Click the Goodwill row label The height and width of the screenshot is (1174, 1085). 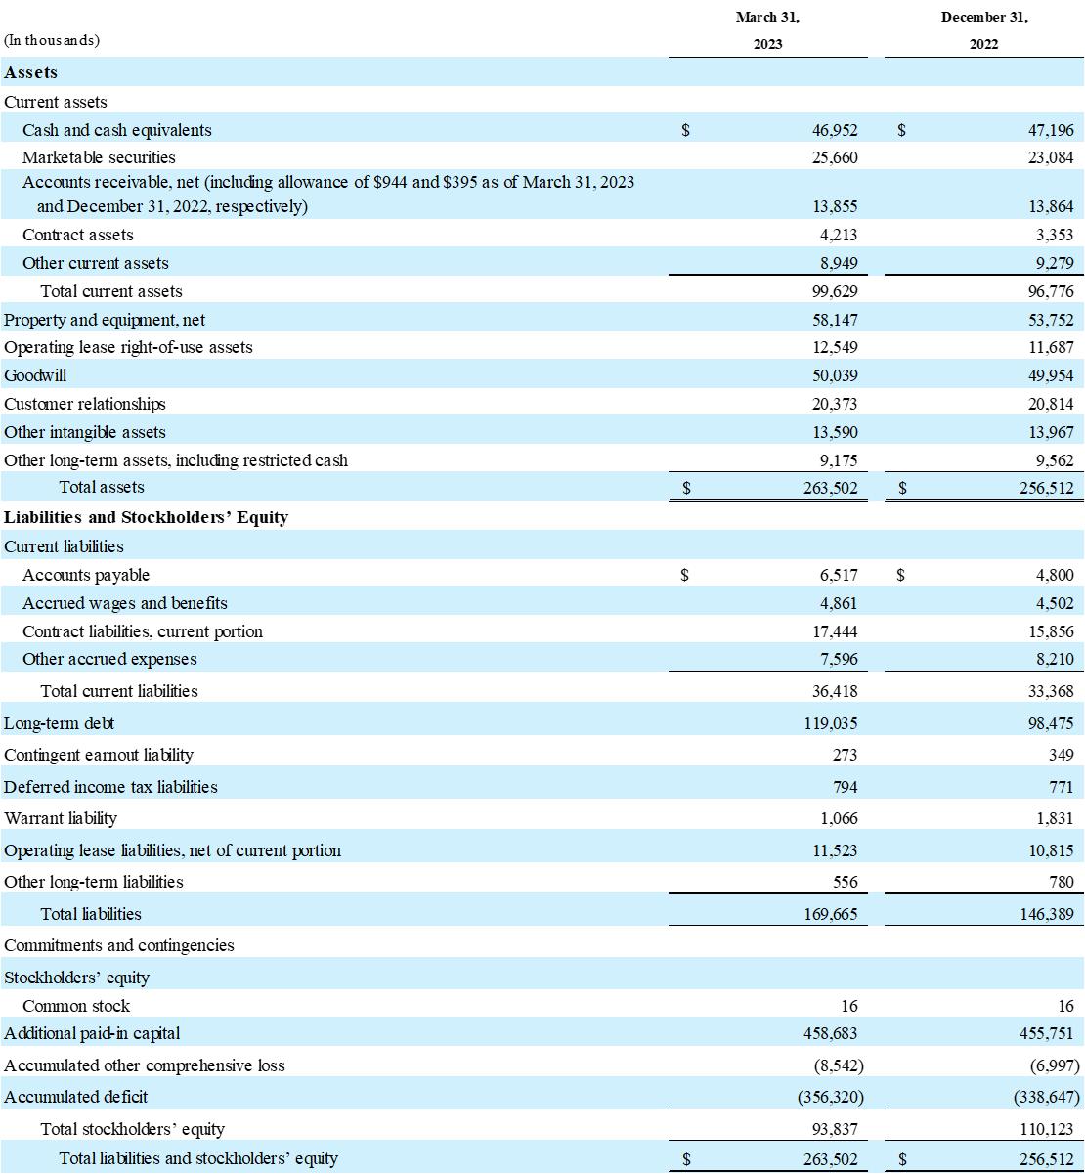pyautogui.click(x=36, y=375)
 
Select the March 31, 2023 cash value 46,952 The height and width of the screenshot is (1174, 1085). pyautogui.click(x=834, y=130)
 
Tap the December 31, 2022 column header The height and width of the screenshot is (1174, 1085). pyautogui.click(x=984, y=30)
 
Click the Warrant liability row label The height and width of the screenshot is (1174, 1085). pyautogui.click(x=61, y=818)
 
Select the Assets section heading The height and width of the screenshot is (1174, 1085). pyautogui.click(x=31, y=72)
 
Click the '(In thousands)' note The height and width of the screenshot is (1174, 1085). pyautogui.click(x=52, y=40)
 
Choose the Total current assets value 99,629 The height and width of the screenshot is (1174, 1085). pyautogui.click(x=834, y=291)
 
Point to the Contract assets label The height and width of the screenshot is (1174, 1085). pyautogui.click(x=78, y=235)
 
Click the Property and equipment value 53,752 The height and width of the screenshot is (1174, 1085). pyautogui.click(x=1050, y=320)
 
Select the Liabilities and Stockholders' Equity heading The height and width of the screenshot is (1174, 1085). pyautogui.click(x=146, y=517)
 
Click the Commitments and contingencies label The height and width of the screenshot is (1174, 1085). pyautogui.click(x=119, y=945)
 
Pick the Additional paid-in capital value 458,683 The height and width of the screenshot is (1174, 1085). pyautogui.click(x=830, y=1033)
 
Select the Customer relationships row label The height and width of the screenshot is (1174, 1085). pyautogui.click(x=85, y=404)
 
